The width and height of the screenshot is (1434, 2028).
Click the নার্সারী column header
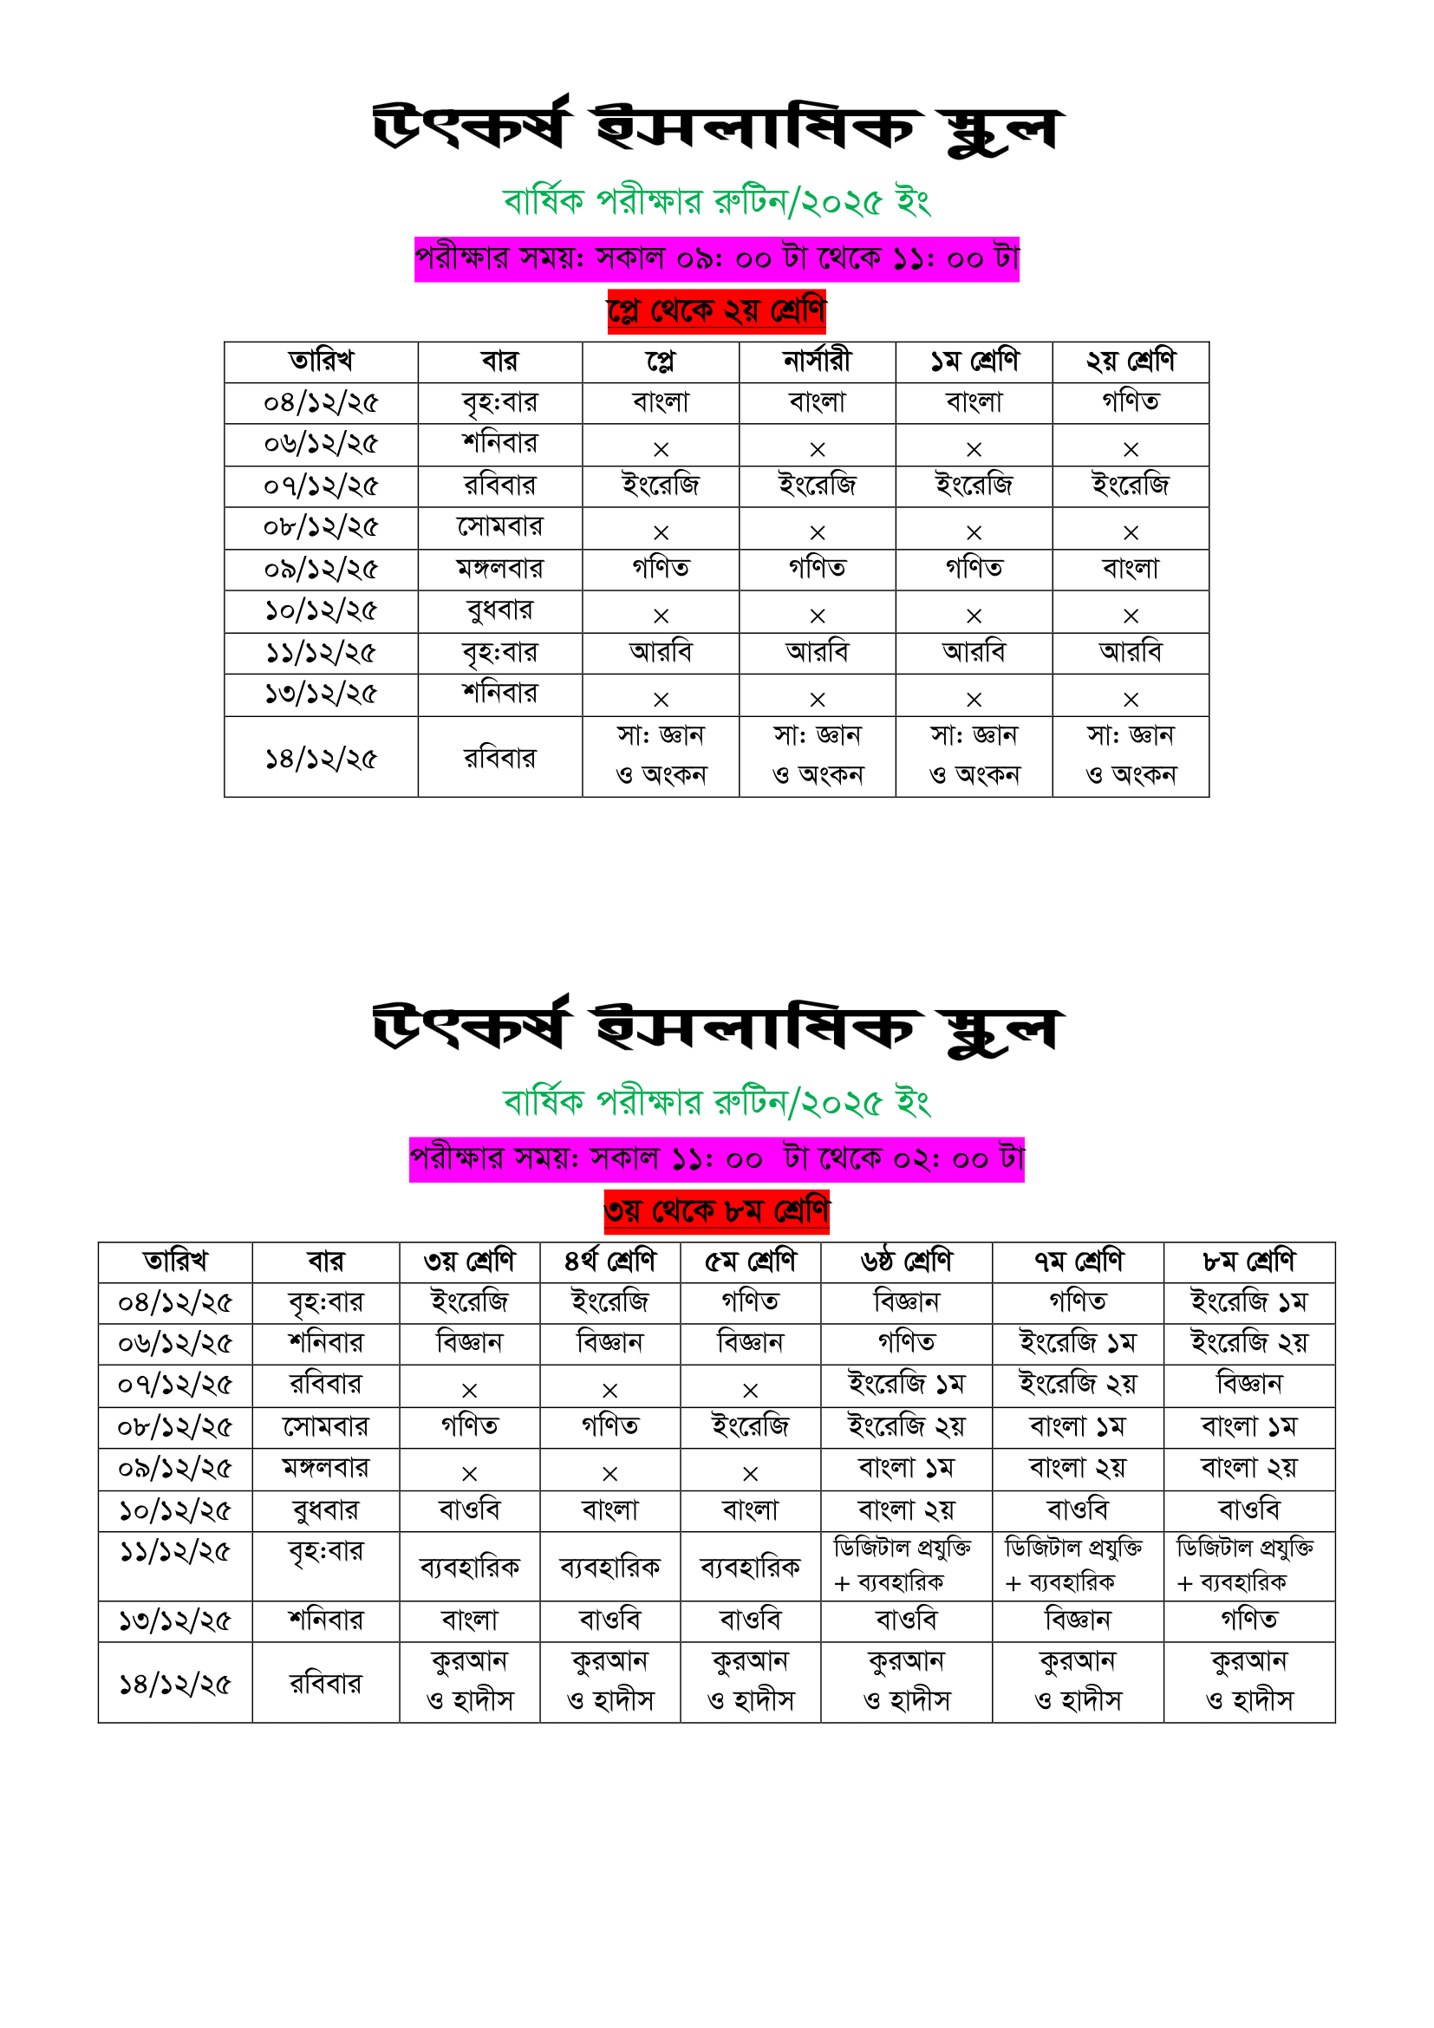[x=817, y=362]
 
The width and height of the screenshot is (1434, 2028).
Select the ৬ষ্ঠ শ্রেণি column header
[x=906, y=1262]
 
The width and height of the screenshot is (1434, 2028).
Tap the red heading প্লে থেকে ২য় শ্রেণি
[x=716, y=311]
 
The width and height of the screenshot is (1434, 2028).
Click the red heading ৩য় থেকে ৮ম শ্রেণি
[x=716, y=1211]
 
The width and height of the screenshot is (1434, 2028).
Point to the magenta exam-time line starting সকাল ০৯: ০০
[x=716, y=258]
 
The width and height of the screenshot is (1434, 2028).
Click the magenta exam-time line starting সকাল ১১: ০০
[x=716, y=1159]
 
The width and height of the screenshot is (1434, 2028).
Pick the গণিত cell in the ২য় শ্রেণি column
[x=1131, y=403]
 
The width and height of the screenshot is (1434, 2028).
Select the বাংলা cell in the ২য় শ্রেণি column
[x=1131, y=569]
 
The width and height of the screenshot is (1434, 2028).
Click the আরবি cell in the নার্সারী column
[x=817, y=653]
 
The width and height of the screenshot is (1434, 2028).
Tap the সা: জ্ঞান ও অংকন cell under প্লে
[x=661, y=756]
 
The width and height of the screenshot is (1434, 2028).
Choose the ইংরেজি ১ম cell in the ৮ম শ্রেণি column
[x=1248, y=1303]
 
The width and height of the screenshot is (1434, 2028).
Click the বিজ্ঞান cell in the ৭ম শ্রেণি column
[x=1078, y=1620]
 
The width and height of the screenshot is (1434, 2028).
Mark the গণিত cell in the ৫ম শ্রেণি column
[x=751, y=1303]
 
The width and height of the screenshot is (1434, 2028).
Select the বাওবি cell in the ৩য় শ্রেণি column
[x=470, y=1510]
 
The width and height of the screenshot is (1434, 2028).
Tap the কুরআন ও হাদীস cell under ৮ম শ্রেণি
[x=1248, y=1682]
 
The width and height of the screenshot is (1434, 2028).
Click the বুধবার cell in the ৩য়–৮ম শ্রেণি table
[x=326, y=1510]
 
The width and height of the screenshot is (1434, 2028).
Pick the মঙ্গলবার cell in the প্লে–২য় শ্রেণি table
[x=499, y=569]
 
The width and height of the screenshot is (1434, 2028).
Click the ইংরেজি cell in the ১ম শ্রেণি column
[x=974, y=486]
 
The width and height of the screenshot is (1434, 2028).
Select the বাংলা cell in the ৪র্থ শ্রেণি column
[x=610, y=1510]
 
